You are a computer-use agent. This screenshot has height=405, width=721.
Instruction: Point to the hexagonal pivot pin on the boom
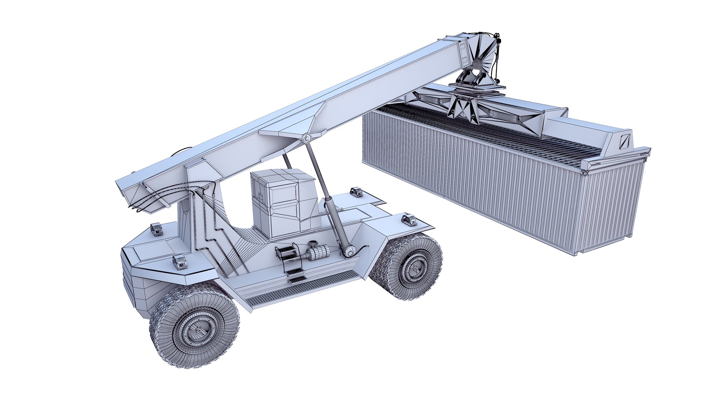point(306,138)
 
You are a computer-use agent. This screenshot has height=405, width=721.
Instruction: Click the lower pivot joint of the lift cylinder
point(349,251)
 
